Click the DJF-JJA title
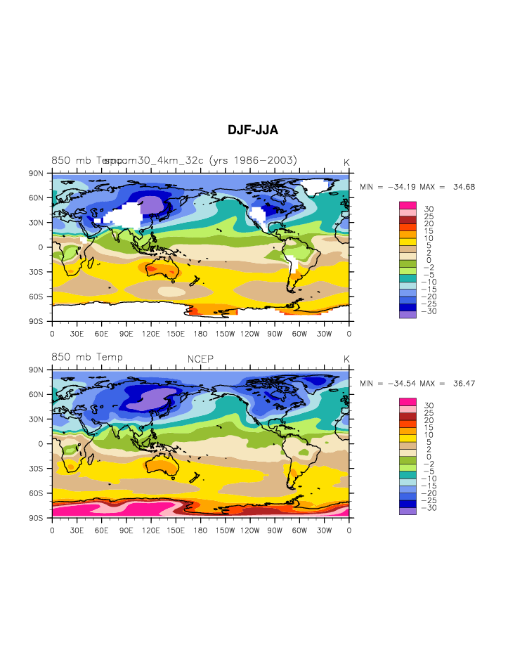[x=253, y=131]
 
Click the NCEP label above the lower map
[x=200, y=359]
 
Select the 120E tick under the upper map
[x=150, y=333]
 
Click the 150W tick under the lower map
[x=225, y=530]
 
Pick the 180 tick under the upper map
[x=200, y=333]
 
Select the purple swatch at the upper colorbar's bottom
[x=408, y=314]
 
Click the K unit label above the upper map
[x=346, y=162]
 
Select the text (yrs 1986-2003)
[x=253, y=160]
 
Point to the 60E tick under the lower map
[x=101, y=530]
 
